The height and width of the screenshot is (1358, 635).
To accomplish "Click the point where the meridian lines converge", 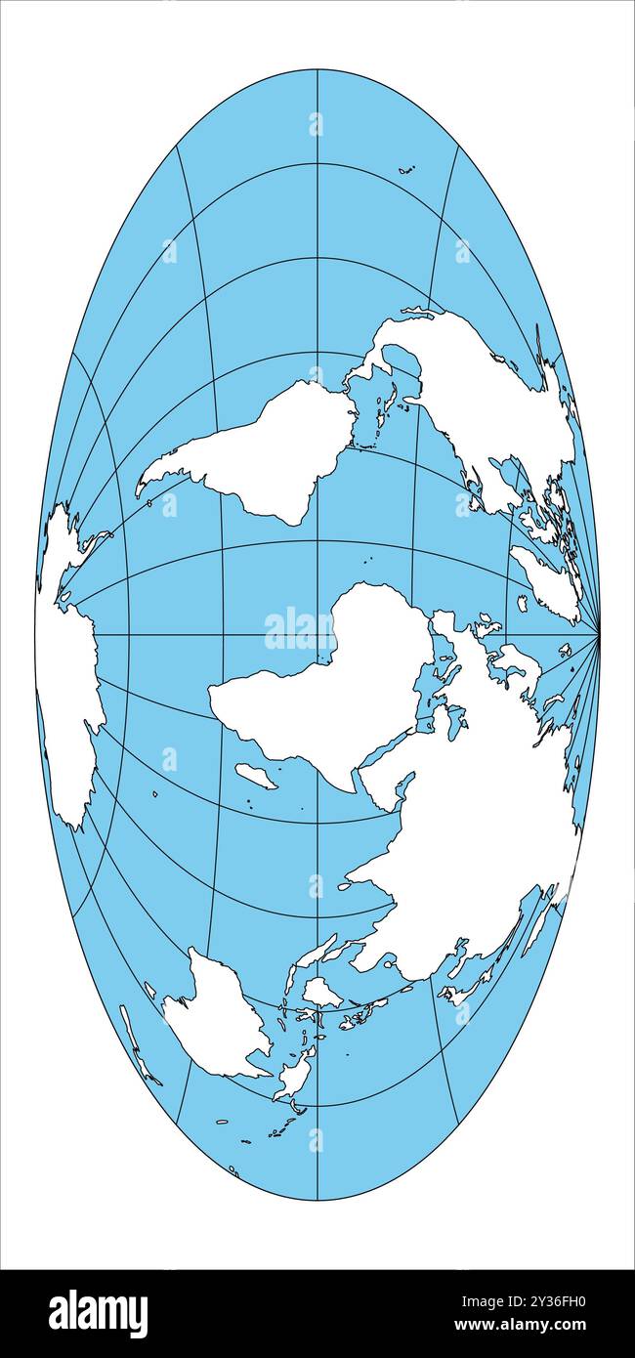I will tap(598, 635).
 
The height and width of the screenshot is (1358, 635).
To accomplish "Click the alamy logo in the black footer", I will tap(98, 1313).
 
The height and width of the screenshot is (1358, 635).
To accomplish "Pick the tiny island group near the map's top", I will tap(405, 170).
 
